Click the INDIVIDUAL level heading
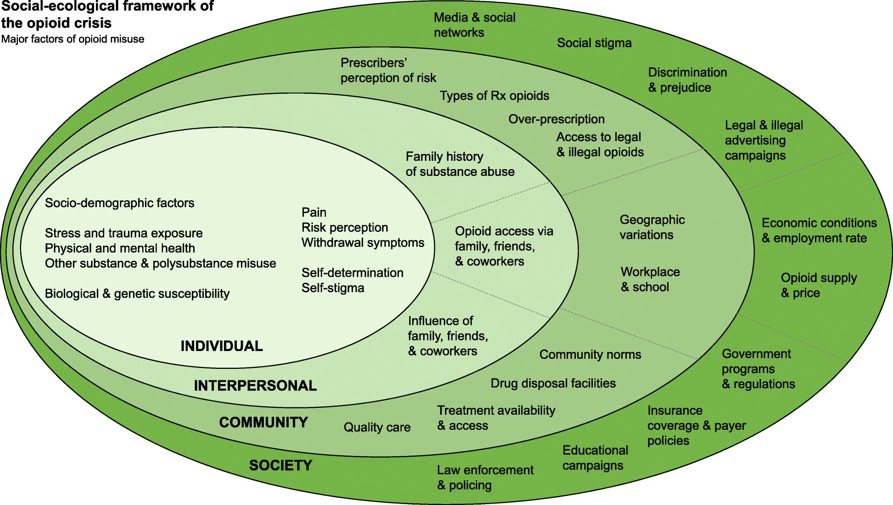coord(222,346)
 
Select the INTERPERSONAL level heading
coord(255,385)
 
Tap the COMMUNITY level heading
coord(263,422)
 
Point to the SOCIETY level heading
coord(280,465)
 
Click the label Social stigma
coord(594,43)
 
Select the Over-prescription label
coord(556,119)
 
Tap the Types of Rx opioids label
coord(494,96)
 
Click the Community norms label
coord(590,354)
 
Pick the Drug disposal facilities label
coord(553,383)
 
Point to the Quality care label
coord(377,427)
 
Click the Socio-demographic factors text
coord(119,203)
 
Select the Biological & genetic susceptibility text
coord(137,294)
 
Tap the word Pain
coord(314,213)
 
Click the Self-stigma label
coord(333,288)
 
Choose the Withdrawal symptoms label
coord(363,243)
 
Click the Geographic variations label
coord(652,227)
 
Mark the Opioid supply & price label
coord(818,285)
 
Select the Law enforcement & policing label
coord(485,478)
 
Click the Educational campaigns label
coord(595,458)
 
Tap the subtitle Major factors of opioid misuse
coord(73,39)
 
